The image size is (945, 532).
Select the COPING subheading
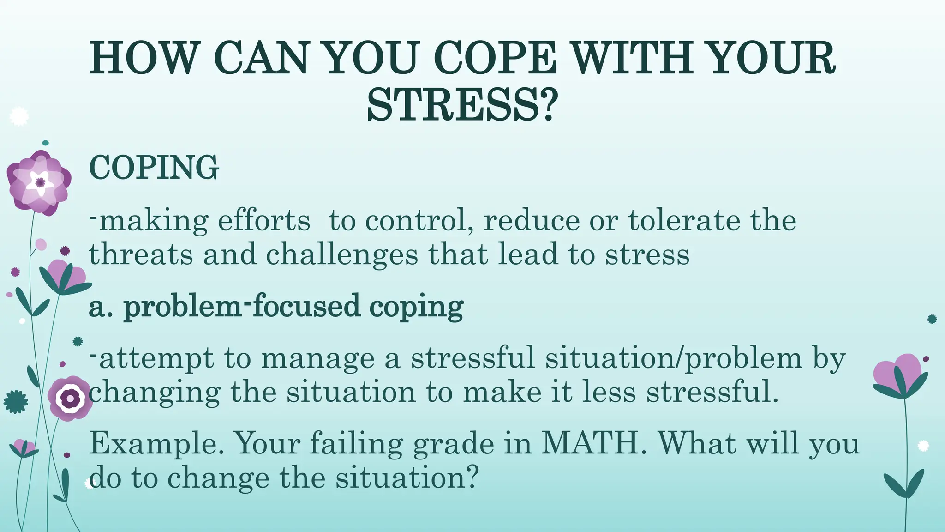(154, 167)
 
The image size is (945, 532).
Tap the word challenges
(342, 255)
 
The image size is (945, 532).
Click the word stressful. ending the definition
(712, 393)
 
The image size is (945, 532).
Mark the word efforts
(264, 220)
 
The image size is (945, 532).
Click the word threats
(141, 255)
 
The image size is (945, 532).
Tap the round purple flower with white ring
(70, 398)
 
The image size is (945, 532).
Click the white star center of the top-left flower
(40, 182)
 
